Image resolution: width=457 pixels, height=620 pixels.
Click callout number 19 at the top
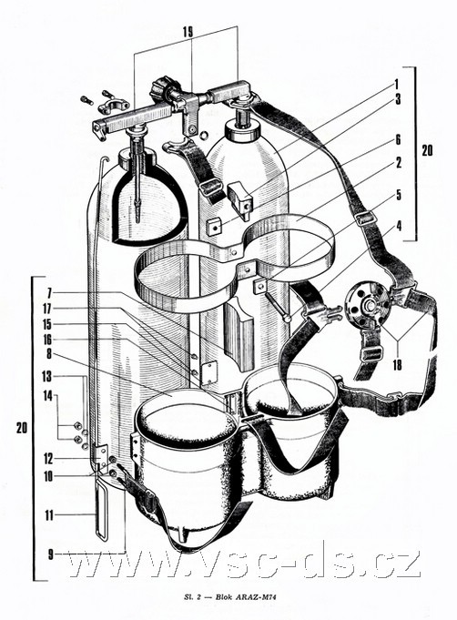[x=188, y=32]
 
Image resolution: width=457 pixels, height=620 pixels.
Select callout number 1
[x=397, y=84]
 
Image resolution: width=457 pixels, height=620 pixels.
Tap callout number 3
[x=398, y=99]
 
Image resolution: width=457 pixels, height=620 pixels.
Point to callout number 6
[x=398, y=139]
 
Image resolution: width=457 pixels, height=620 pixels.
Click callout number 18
[x=397, y=364]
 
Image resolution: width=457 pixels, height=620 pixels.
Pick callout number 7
[x=49, y=293]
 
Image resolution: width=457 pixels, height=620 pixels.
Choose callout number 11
[x=48, y=515]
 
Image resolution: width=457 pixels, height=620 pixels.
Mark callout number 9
[x=50, y=554]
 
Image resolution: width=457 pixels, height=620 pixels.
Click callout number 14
[x=48, y=396]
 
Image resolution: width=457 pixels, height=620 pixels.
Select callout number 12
[x=48, y=459]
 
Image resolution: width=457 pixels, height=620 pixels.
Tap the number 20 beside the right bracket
[x=427, y=150]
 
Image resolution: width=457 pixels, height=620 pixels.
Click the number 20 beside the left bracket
[x=22, y=427]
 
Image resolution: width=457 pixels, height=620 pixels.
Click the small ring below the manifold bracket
[x=204, y=136]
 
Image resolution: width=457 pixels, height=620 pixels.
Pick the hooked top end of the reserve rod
[x=104, y=159]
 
